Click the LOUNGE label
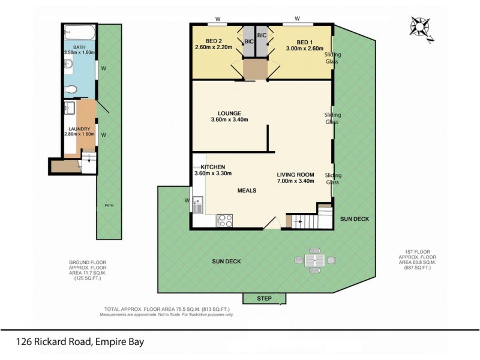click(230, 113)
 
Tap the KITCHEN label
click(212, 166)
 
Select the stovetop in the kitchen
click(225, 220)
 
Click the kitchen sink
click(198, 205)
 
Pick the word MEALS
click(247, 191)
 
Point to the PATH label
click(109, 205)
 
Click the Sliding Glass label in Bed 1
click(332, 58)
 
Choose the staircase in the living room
click(310, 221)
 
